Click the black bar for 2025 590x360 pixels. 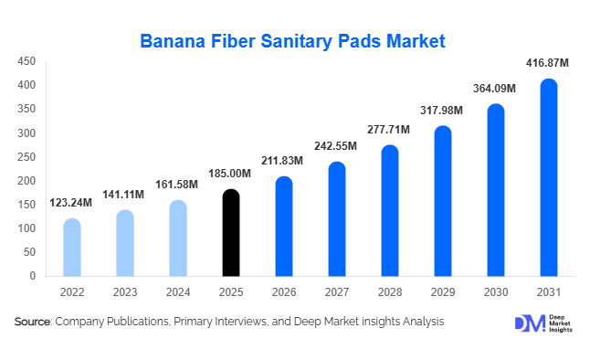click(x=231, y=233)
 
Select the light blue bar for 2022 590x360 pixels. click(x=72, y=248)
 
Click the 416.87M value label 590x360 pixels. click(x=548, y=63)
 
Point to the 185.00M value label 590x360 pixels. click(x=231, y=173)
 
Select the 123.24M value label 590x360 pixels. click(x=72, y=202)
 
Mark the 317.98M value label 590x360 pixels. click(x=442, y=111)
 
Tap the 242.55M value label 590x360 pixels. click(x=337, y=145)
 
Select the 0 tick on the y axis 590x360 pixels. click(x=33, y=276)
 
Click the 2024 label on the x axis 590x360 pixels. click(x=178, y=291)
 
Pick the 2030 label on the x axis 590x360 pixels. click(x=495, y=291)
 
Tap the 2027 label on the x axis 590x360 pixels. click(x=337, y=291)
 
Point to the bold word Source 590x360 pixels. click(x=32, y=322)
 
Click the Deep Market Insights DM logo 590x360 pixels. click(x=529, y=323)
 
